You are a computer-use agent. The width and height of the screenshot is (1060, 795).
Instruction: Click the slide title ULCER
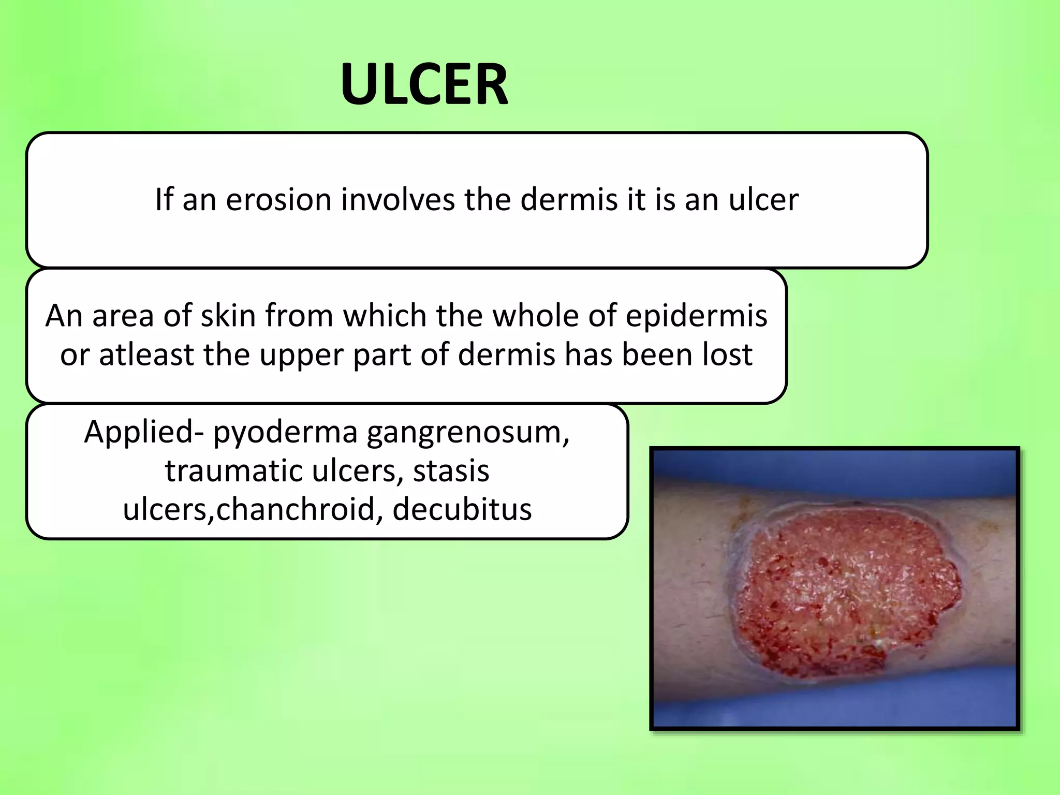(x=424, y=84)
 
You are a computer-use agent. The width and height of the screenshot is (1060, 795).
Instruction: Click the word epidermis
(x=696, y=316)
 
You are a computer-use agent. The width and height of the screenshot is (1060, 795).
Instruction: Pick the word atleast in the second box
(x=145, y=355)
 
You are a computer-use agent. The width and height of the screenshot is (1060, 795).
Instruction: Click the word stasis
(x=451, y=471)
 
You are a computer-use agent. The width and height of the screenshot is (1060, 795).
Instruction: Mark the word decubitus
(x=462, y=509)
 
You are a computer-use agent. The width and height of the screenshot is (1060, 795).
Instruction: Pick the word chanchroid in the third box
(x=295, y=509)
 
